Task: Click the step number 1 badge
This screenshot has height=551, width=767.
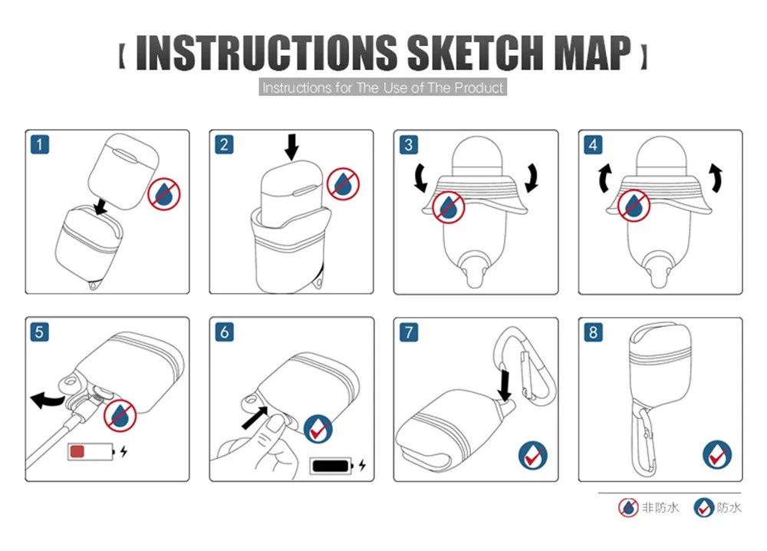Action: [x=40, y=145]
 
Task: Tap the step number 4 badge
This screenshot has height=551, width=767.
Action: [x=593, y=145]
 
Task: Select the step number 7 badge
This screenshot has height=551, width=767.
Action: [x=409, y=332]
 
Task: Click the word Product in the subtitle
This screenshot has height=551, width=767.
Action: [x=479, y=87]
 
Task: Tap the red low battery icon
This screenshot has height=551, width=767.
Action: [x=91, y=451]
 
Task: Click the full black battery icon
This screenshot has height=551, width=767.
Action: [x=331, y=465]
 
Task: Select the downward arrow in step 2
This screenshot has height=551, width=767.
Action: [x=291, y=147]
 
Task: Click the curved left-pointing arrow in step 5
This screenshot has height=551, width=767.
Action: [x=47, y=399]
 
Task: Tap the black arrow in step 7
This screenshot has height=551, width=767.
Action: [x=505, y=385]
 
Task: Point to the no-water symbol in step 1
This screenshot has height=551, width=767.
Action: [x=164, y=194]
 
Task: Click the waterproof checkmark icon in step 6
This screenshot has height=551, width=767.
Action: [x=318, y=430]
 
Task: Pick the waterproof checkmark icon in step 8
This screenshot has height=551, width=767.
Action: [x=717, y=455]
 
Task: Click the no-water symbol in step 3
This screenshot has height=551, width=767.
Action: [x=448, y=207]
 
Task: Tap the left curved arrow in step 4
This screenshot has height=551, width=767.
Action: [x=605, y=179]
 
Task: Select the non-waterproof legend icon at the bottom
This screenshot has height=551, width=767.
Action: [x=628, y=508]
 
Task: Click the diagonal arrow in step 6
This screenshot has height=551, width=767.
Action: [x=255, y=418]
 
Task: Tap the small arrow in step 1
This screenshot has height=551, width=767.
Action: [x=100, y=206]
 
